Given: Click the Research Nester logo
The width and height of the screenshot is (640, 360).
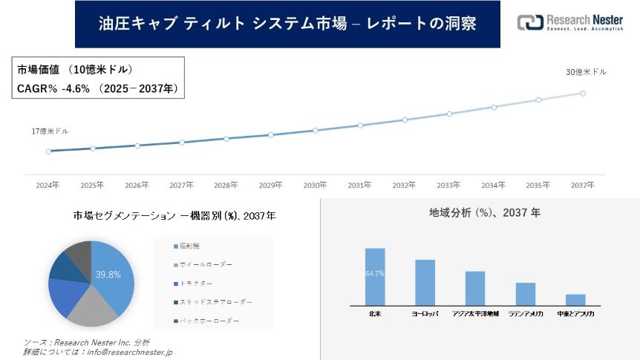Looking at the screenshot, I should [x=570, y=22].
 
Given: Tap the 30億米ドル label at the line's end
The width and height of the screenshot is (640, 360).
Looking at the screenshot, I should [x=586, y=72].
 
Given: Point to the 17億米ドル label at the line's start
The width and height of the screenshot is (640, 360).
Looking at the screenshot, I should [x=50, y=131].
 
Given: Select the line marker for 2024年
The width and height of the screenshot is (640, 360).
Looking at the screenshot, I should [x=48, y=151].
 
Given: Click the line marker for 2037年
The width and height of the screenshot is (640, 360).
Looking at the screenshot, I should [x=583, y=94].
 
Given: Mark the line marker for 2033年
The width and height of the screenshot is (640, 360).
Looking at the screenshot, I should [x=449, y=114].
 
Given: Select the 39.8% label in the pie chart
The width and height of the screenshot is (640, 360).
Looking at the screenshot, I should [x=108, y=275].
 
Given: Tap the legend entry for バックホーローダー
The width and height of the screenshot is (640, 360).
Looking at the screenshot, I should [x=207, y=321].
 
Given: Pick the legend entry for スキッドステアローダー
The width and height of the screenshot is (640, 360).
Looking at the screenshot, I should [x=215, y=302].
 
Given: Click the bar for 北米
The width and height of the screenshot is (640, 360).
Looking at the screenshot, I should [x=375, y=276].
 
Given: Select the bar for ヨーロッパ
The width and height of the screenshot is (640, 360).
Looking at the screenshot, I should [x=425, y=282].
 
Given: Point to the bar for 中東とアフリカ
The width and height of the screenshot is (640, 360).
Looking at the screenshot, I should [x=575, y=299].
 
